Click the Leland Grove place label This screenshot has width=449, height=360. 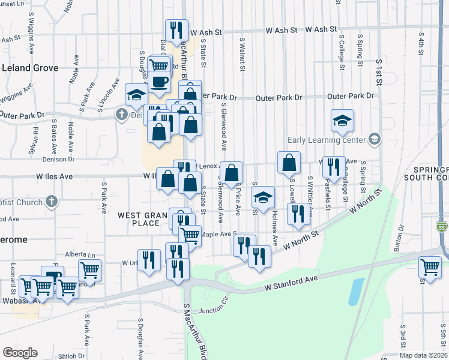point(29,68)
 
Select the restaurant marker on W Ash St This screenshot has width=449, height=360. point(176,31)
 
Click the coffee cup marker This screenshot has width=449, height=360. point(160,82)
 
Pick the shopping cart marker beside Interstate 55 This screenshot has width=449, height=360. point(430,267)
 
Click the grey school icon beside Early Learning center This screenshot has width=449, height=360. point(375,140)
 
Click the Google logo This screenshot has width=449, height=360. point(20,353)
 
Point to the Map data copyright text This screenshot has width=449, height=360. point(423,355)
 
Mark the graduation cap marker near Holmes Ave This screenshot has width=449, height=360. point(263,197)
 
